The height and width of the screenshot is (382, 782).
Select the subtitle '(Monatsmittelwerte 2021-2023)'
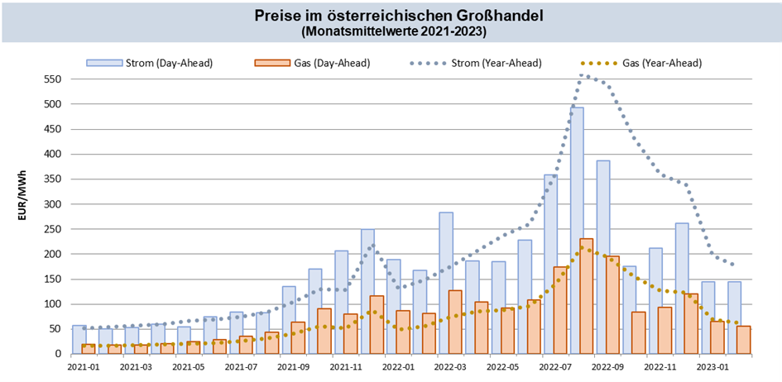coord(391,31)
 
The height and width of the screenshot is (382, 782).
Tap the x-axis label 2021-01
coord(83,366)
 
